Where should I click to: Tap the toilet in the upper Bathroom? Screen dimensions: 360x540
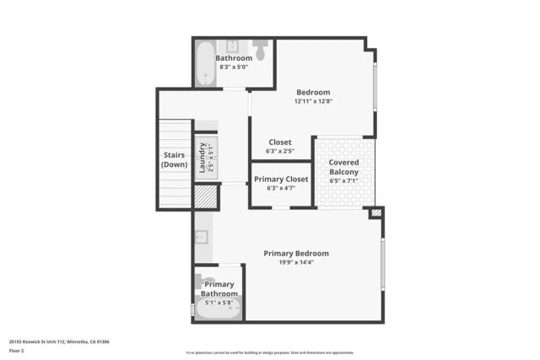pos(260,52)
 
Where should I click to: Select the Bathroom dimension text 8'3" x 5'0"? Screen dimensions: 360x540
pos(234,67)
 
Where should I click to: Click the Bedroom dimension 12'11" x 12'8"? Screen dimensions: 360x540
pos(313,101)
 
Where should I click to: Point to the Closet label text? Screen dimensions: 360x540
pos(280,142)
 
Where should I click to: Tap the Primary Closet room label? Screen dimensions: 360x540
pos(280,178)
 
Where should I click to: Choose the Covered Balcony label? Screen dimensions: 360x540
pos(343,167)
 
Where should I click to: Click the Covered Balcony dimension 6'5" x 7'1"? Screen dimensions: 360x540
pos(343,180)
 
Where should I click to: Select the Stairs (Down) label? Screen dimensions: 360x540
pos(175,159)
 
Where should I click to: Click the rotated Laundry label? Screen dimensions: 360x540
pos(202,157)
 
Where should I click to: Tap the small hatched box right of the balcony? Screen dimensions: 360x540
pos(376,213)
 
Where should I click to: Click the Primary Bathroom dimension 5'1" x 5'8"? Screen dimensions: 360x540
pos(218,302)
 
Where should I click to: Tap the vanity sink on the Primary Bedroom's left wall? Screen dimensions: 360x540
pos(202,237)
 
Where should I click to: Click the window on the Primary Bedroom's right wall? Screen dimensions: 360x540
pos(383,265)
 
